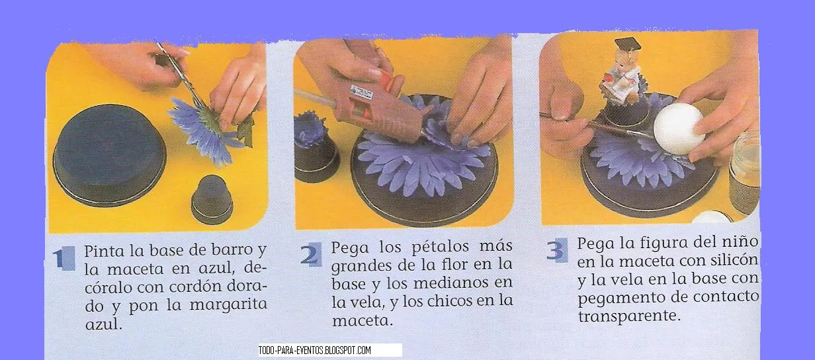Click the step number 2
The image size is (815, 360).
[308, 255]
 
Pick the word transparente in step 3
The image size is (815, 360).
[628, 316]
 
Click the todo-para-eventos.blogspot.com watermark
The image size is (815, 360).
[315, 350]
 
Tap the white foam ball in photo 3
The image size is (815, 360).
[679, 129]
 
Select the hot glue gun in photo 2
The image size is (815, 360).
[370, 106]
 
